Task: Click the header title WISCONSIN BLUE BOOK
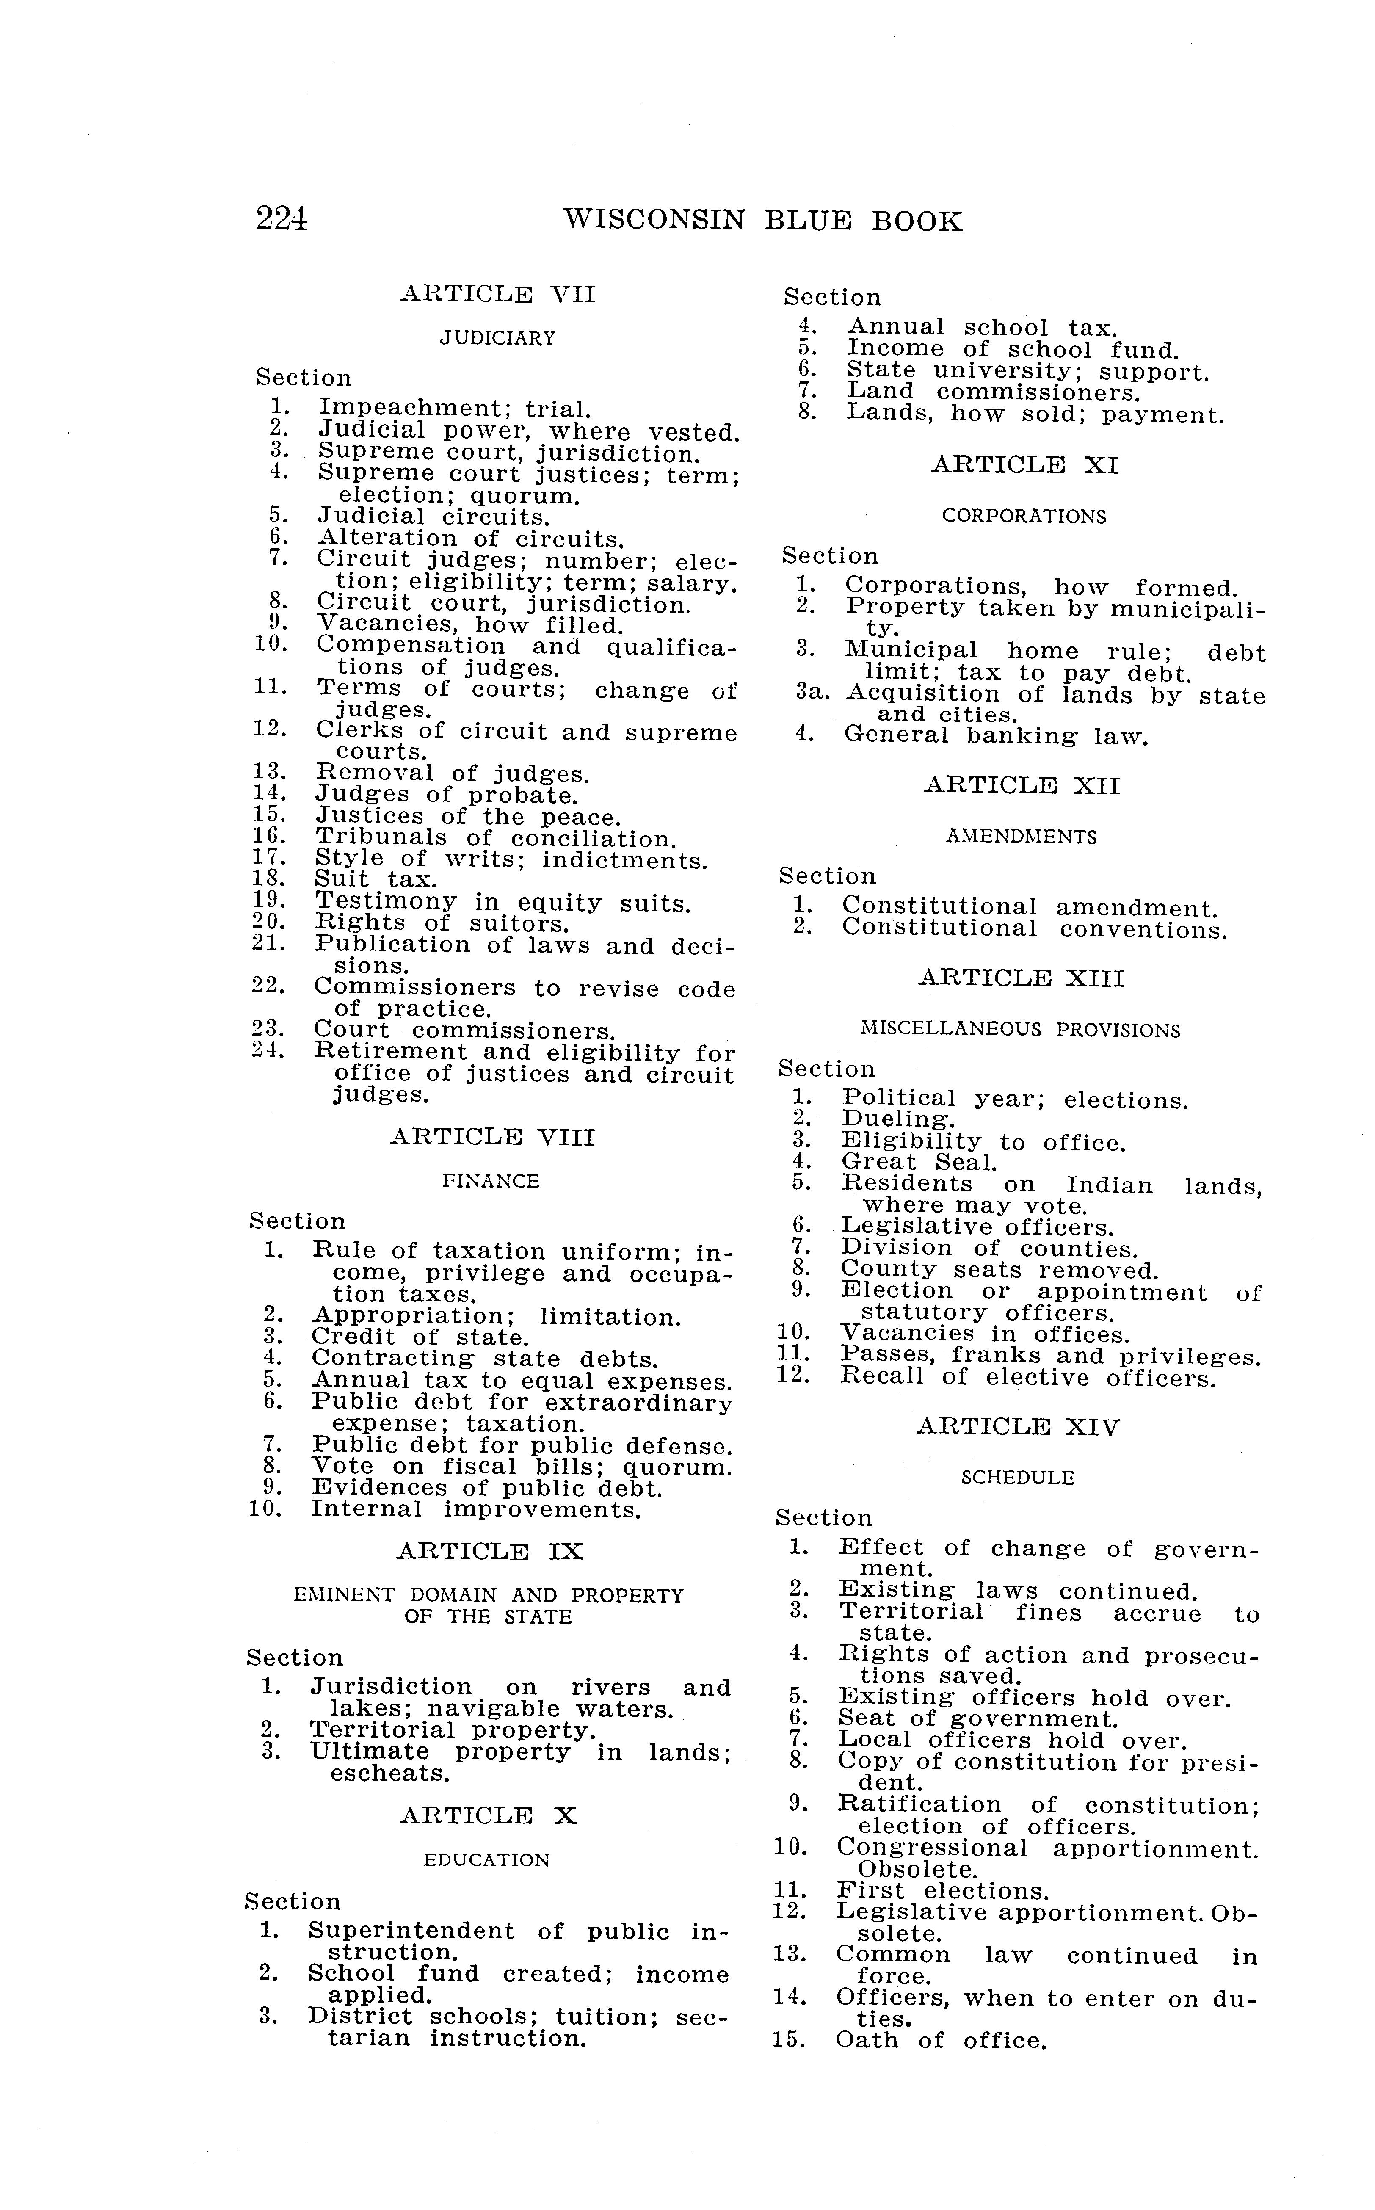point(762,221)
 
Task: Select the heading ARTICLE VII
point(498,295)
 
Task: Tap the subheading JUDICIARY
point(497,338)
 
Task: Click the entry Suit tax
point(376,879)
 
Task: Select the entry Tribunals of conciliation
point(495,837)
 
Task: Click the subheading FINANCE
point(491,1181)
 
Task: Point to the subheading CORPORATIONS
point(1024,517)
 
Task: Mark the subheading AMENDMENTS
point(1021,837)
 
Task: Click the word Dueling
point(897,1121)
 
